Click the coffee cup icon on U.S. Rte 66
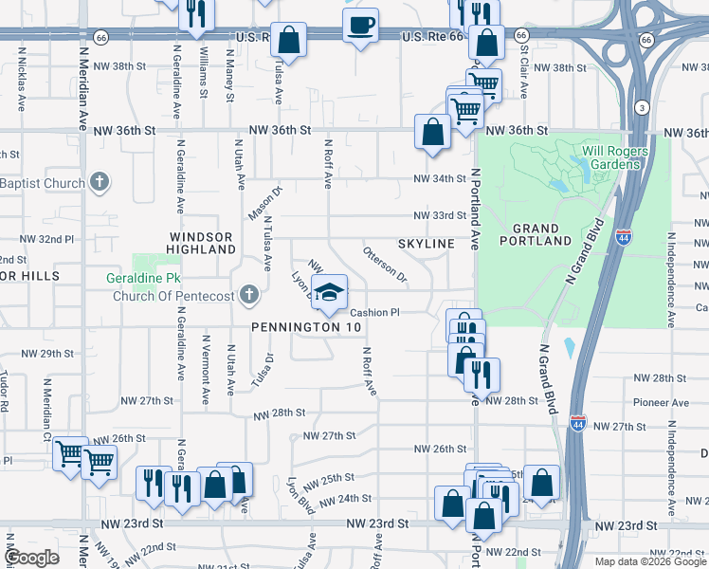point(360,25)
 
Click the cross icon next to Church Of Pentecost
point(249,295)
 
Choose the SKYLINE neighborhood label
point(426,244)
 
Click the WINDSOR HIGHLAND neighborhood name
point(202,242)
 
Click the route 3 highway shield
point(642,106)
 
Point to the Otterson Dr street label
point(385,266)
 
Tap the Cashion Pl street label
point(375,312)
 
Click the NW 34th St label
point(440,179)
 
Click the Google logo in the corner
point(32,559)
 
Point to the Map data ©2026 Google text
point(649,561)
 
